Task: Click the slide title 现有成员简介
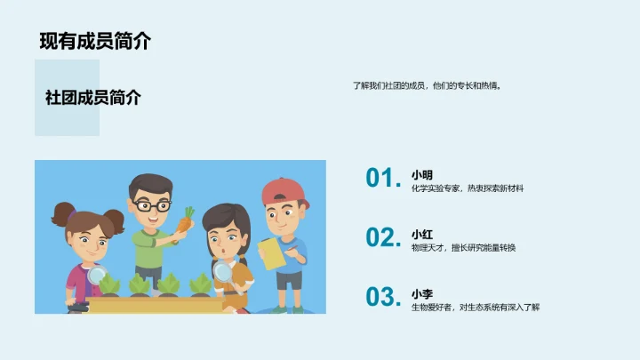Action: pos(95,41)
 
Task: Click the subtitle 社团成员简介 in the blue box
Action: pos(92,98)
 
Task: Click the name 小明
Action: pos(421,174)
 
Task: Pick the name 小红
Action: pos(421,235)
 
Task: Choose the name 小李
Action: pos(421,293)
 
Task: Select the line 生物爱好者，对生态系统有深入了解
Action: pos(475,308)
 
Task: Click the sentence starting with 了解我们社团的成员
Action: pos(427,86)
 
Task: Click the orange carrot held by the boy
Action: pos(186,221)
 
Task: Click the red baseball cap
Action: pos(284,189)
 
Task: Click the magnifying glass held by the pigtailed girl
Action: pos(98,275)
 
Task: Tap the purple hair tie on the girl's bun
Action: pos(72,213)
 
